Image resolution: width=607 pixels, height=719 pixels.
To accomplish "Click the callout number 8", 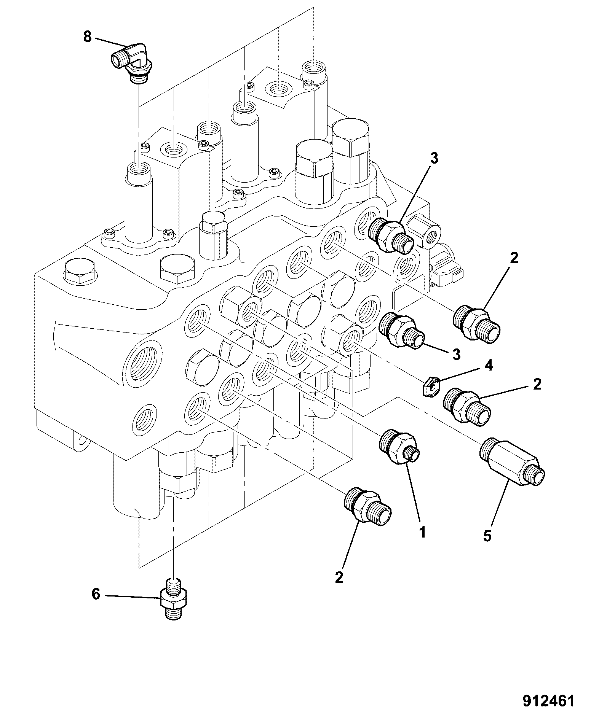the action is tap(88, 37).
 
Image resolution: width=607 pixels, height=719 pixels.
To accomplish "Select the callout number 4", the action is tap(489, 366).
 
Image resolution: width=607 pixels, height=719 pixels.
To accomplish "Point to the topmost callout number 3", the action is tap(434, 158).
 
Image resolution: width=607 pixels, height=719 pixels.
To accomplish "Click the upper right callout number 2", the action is tap(514, 259).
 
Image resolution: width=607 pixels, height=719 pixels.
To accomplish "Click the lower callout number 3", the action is tap(456, 355).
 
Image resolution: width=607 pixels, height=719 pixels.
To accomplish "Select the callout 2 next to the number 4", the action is tap(537, 385).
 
